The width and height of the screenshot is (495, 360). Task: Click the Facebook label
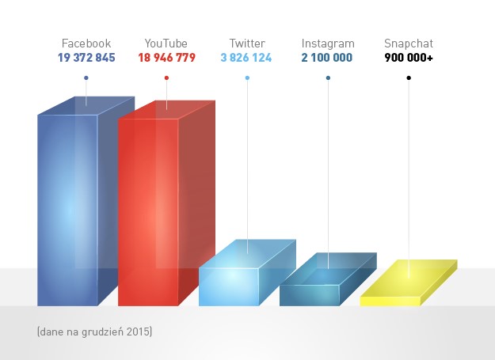coord(86,44)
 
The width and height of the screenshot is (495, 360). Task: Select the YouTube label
coord(166,44)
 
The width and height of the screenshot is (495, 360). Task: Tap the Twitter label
coord(247,44)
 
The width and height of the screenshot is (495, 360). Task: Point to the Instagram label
coord(328,44)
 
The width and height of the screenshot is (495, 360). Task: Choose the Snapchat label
coord(409,44)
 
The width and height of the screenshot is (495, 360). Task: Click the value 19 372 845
coord(86,59)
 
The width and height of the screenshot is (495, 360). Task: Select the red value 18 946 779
coord(166,59)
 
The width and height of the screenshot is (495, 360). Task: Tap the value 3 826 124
coord(247,59)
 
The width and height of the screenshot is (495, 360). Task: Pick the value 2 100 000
coord(328,59)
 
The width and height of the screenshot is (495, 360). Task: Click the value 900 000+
coord(409,59)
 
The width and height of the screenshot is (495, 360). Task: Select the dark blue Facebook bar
coord(68,210)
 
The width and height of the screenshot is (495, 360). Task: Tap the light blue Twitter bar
coord(230,285)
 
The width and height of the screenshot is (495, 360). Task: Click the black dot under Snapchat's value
coord(409,78)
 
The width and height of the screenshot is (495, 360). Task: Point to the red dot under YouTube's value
coord(166,78)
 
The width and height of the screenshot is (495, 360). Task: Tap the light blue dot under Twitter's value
coord(247,78)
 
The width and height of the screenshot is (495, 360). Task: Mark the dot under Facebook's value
coord(86,78)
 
